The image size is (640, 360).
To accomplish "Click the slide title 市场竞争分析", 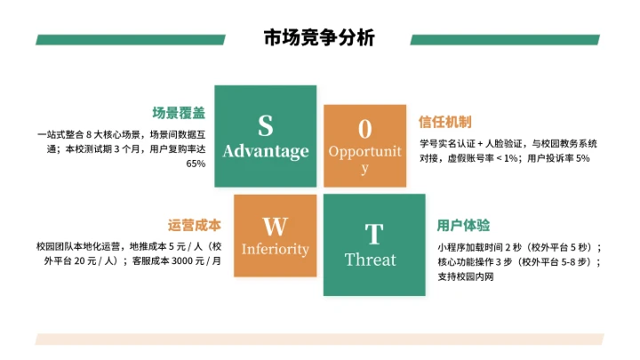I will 319,38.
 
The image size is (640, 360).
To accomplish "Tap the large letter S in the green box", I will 265,125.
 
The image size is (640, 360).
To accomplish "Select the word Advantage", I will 266,151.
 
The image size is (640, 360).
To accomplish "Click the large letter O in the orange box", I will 364,126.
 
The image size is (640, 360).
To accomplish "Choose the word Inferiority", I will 276,249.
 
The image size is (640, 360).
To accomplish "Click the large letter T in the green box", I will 373,234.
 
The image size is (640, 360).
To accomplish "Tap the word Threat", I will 371,260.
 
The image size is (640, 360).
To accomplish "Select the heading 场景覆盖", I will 179,113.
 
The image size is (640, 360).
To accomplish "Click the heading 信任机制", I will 444,122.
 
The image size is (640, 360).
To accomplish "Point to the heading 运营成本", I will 194,225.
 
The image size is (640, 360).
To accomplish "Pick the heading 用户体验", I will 463,225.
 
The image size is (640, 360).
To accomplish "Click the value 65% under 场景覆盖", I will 196,164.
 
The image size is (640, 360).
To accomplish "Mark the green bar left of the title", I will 142,40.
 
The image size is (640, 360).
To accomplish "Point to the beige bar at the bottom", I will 319,339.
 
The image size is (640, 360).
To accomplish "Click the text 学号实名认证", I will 447,142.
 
